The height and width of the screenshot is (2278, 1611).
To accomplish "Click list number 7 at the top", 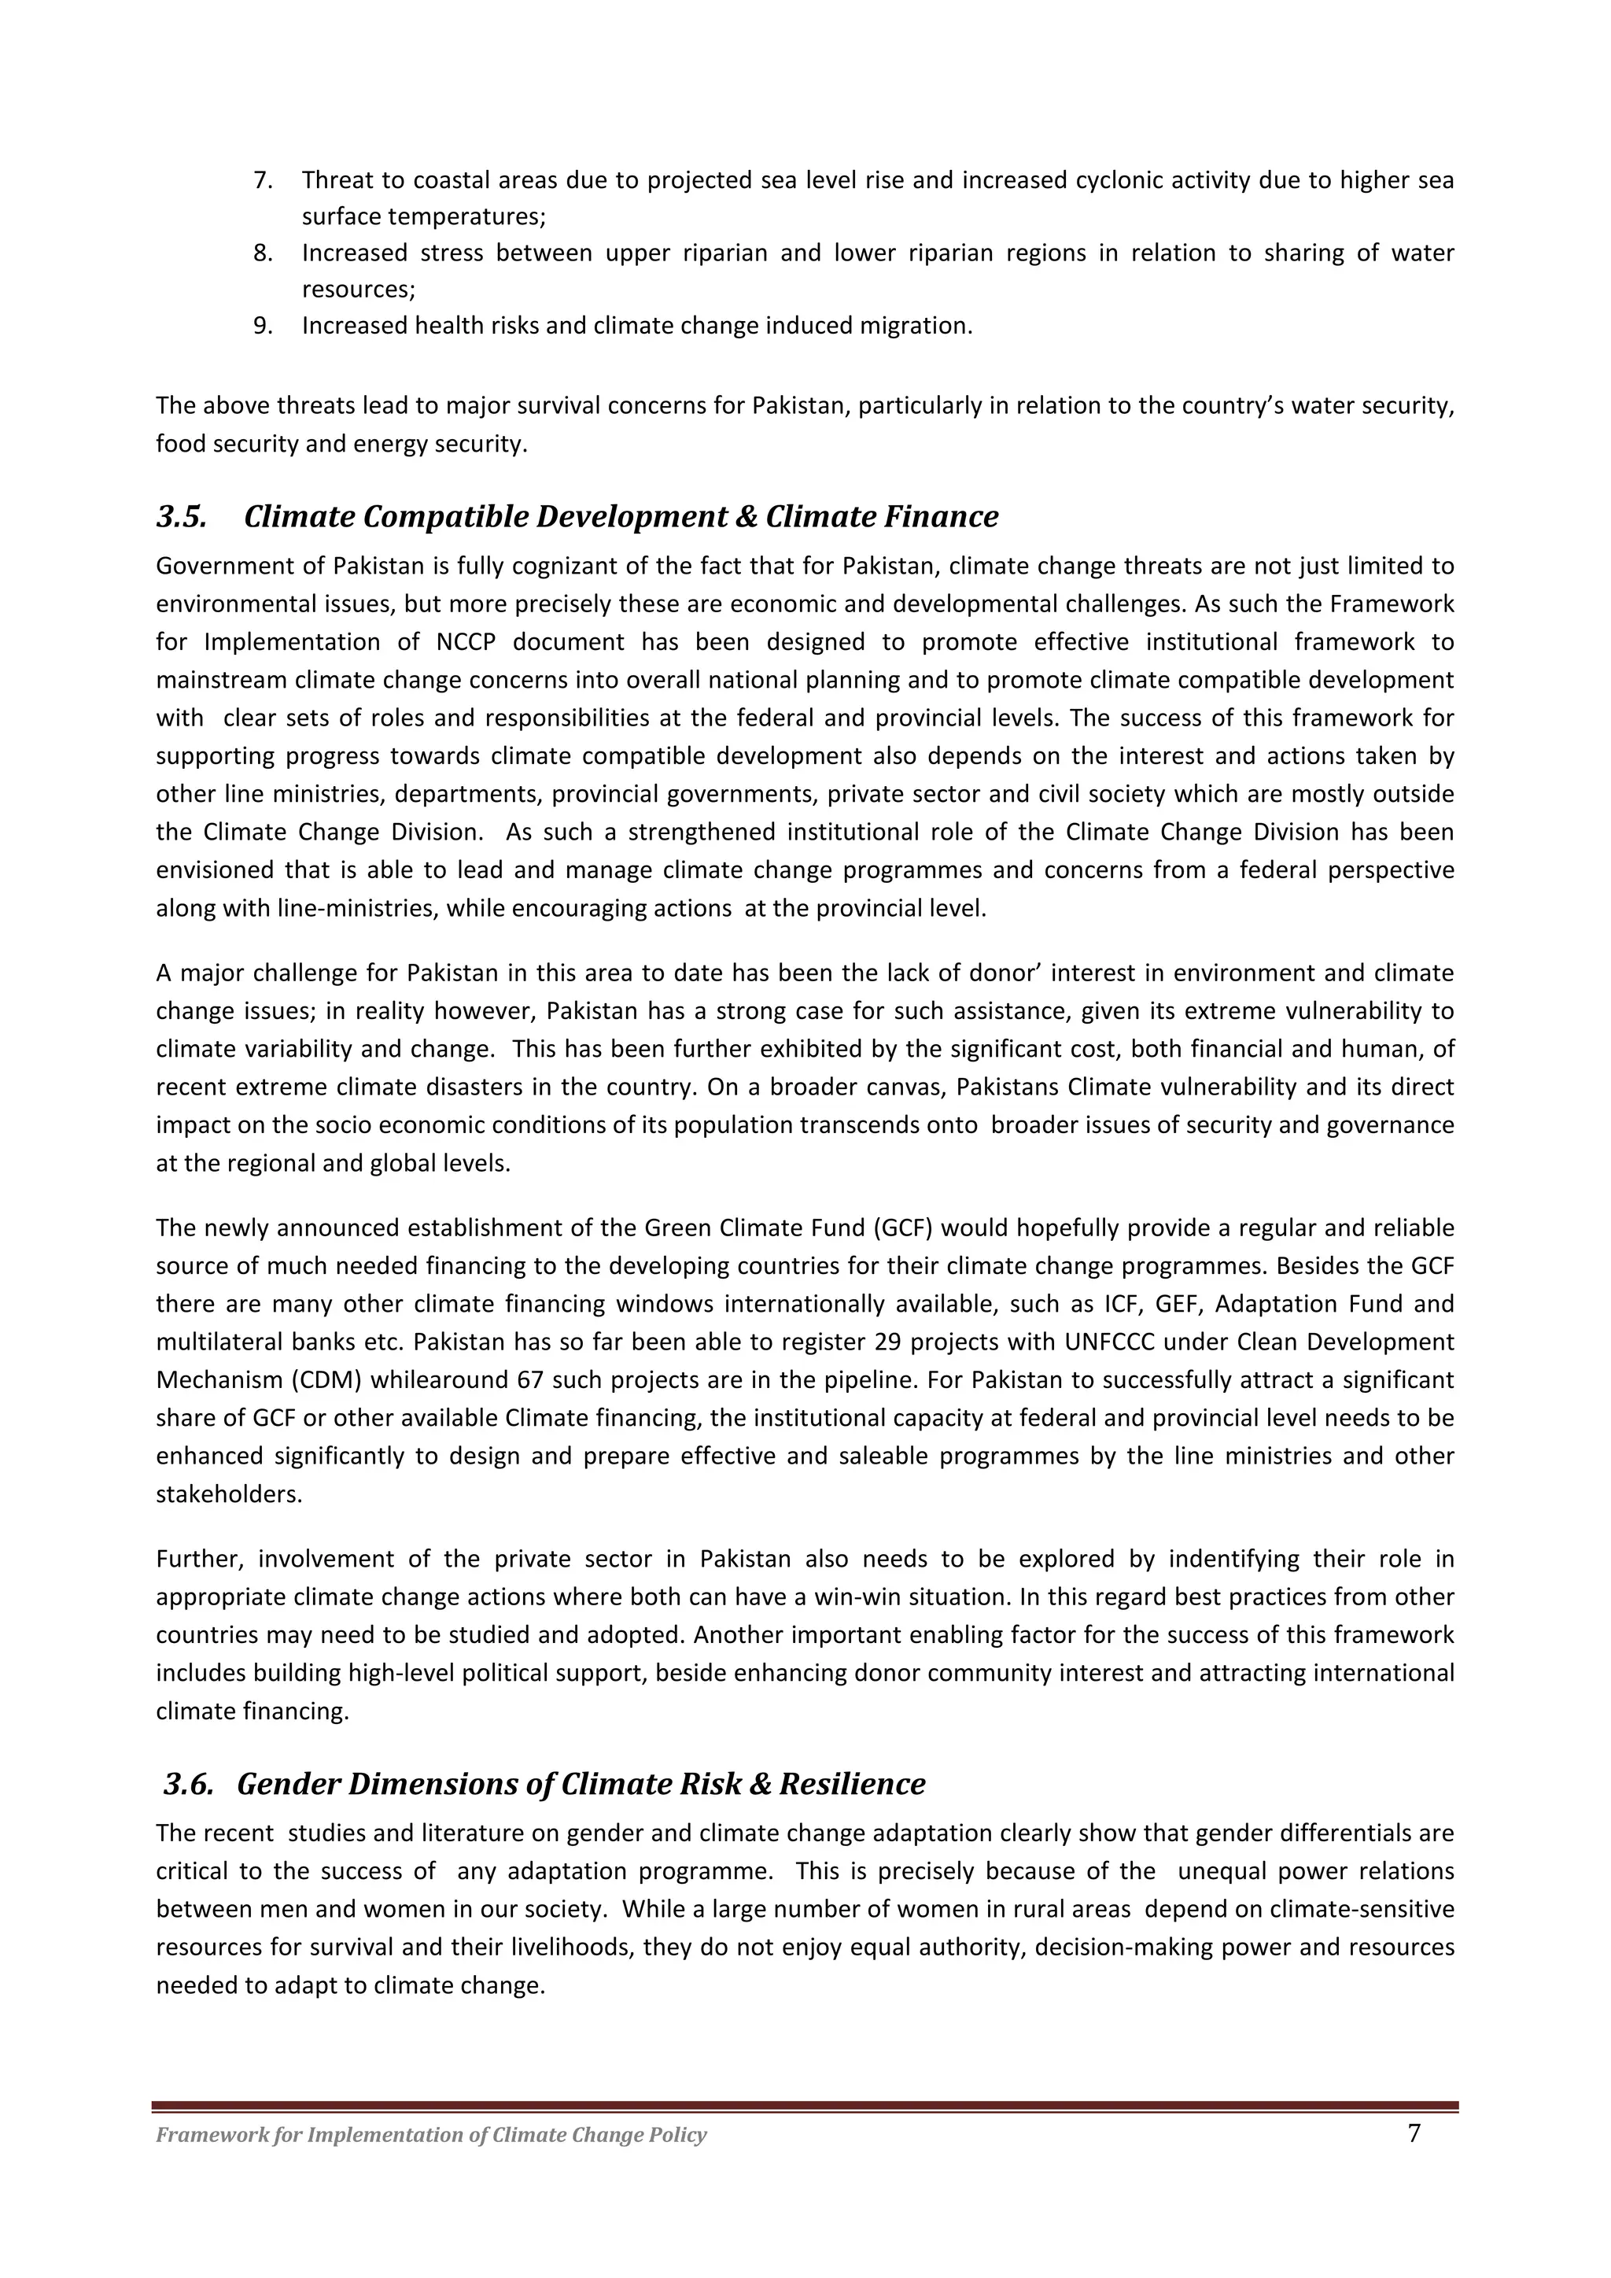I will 262,180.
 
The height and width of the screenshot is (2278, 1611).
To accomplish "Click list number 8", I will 262,253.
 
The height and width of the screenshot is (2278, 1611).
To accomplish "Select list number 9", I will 262,326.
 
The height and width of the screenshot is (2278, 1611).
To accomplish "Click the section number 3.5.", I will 182,517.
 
